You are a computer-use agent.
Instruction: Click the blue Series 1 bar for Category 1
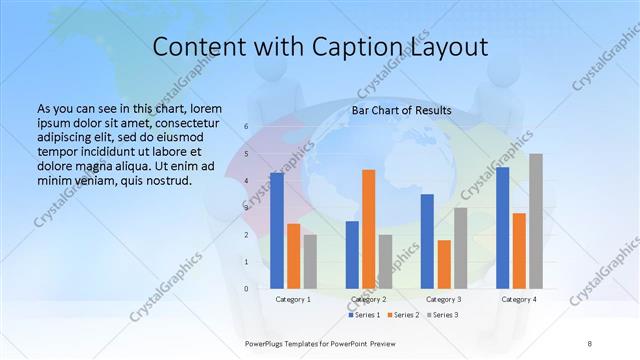tap(277, 230)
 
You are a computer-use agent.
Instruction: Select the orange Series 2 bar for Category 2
tap(368, 229)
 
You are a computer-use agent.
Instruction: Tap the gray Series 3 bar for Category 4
tap(536, 221)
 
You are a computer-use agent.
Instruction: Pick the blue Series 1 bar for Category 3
tap(427, 241)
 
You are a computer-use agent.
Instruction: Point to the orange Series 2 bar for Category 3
tap(444, 264)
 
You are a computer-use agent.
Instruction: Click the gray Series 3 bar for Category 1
tap(310, 261)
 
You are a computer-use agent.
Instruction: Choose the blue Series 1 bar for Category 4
tap(502, 227)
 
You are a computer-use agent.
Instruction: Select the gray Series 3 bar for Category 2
tap(385, 261)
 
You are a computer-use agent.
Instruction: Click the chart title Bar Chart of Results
tap(401, 110)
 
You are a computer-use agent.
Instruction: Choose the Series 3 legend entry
tap(443, 315)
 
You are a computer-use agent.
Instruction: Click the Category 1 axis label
tap(293, 299)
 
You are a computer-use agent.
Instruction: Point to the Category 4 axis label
tap(519, 299)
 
